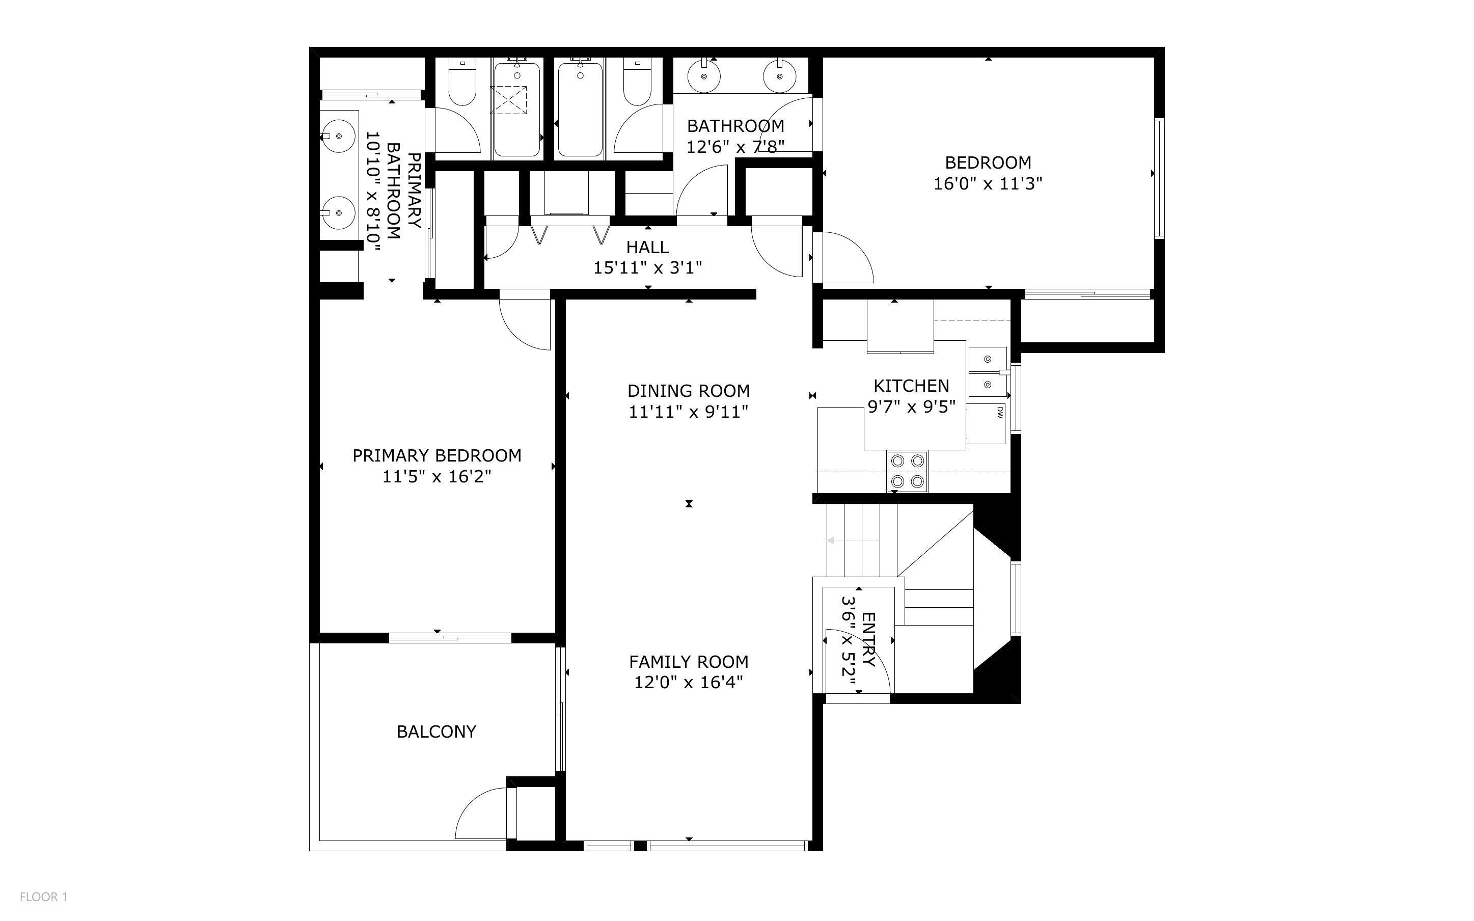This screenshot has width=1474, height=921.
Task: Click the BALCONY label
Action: [436, 732]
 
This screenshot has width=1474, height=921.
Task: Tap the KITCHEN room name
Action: [911, 386]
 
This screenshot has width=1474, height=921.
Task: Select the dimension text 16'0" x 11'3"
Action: [988, 183]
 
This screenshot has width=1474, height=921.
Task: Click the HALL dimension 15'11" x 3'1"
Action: [648, 267]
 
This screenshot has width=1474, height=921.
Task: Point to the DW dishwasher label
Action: [999, 413]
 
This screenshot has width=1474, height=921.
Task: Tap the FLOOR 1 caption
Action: [43, 897]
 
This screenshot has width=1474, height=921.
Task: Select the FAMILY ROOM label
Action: [689, 662]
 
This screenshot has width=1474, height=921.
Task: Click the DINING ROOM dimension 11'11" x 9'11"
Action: [688, 412]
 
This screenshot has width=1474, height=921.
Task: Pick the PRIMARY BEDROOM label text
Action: [436, 455]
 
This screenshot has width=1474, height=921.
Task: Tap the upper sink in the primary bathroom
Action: [338, 137]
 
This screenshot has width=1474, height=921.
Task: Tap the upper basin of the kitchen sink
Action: [987, 360]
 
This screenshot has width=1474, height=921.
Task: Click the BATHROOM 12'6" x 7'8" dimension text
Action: [735, 147]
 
